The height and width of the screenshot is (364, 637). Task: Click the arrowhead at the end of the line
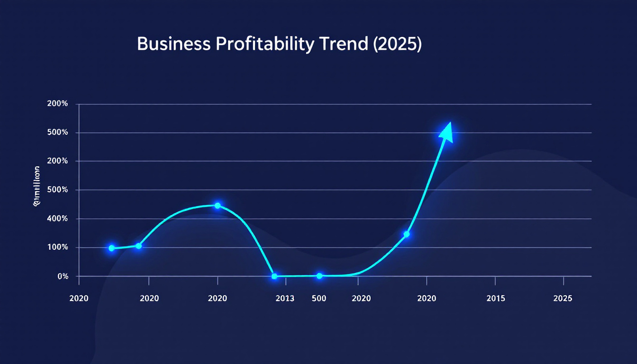pos(447,132)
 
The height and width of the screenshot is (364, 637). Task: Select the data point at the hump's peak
pos(218,206)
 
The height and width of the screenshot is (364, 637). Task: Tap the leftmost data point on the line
pos(112,248)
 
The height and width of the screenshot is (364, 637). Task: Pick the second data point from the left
pos(138,246)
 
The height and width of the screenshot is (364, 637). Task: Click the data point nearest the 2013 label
pos(274,276)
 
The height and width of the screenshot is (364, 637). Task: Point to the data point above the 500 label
pos(319,276)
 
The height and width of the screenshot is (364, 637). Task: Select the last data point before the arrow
pos(406,234)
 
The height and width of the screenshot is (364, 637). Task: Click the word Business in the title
pos(173,44)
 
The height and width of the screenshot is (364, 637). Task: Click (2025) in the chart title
pos(397,44)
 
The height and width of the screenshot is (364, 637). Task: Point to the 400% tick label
pos(58,219)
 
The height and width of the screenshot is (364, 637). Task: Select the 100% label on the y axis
pos(58,247)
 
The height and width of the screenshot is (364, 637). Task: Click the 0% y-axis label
pos(63,276)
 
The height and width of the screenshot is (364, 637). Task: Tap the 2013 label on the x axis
pos(284,299)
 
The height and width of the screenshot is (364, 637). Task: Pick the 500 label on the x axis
pos(318,299)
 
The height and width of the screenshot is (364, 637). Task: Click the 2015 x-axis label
pos(495,299)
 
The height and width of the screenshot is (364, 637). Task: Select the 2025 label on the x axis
pos(563,299)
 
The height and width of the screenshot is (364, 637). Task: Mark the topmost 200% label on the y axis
pos(58,104)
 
